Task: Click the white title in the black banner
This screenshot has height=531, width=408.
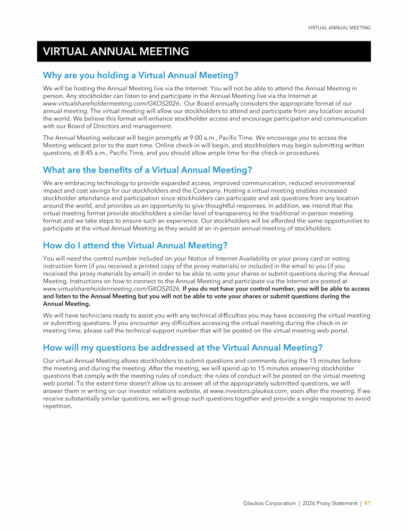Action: (116, 52)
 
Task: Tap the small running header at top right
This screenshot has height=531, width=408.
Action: (339, 28)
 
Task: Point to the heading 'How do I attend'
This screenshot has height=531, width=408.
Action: (135, 245)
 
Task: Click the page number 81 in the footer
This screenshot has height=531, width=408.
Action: (367, 503)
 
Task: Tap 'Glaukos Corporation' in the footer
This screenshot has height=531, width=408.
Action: (266, 503)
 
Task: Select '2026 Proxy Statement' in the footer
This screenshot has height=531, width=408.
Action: (329, 503)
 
